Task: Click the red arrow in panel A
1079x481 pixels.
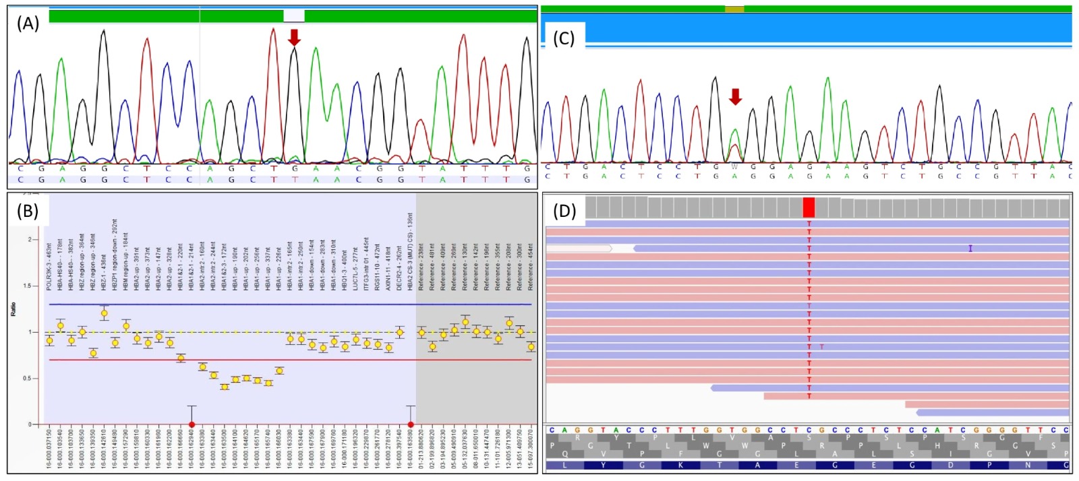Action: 294,37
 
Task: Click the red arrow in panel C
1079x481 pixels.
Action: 735,96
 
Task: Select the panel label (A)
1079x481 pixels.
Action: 28,24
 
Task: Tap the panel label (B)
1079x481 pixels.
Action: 28,210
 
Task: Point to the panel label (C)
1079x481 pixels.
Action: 564,38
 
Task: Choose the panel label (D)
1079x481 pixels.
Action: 564,210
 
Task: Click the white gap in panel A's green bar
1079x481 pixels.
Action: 293,15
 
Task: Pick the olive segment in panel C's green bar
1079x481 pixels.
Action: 734,9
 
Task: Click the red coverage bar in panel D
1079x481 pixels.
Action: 809,207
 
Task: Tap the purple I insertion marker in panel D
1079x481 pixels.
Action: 970,249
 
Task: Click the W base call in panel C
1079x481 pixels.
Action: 735,166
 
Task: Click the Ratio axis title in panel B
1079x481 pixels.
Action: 13,309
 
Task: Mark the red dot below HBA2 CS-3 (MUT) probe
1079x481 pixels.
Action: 411,424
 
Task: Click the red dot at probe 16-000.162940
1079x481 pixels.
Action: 192,424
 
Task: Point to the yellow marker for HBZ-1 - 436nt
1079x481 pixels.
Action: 104,313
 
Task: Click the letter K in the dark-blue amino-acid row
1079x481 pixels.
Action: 680,465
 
